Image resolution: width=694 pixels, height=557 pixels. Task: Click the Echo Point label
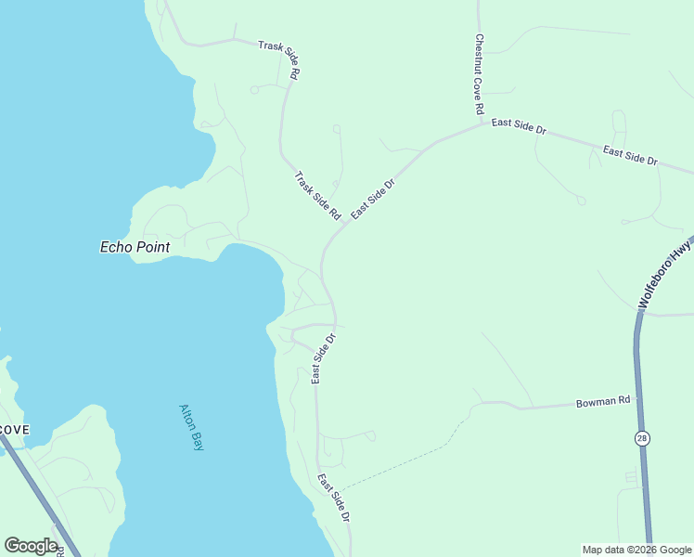tap(135, 247)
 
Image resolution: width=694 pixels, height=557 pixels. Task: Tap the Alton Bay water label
tap(190, 426)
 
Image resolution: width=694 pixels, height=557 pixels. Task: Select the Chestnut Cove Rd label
tap(479, 74)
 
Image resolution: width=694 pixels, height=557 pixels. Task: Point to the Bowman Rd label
tap(603, 402)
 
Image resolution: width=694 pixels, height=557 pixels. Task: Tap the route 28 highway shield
tap(641, 437)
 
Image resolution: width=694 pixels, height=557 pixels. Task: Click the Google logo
tap(31, 546)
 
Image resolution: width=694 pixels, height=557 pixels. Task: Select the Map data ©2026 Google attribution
tap(636, 550)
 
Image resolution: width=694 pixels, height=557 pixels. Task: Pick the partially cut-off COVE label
tap(14, 430)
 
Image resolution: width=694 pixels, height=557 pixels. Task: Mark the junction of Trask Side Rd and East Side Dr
tap(345, 223)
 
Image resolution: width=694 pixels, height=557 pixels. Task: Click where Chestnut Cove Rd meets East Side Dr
tap(482, 123)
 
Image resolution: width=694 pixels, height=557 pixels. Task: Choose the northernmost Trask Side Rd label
tap(279, 58)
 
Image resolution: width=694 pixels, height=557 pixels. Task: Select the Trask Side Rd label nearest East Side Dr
tap(317, 195)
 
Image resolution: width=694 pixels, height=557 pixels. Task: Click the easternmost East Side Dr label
tap(630, 156)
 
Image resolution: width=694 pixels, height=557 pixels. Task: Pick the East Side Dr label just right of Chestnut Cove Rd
tap(519, 127)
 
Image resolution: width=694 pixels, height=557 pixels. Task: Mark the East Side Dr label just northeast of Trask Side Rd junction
tap(374, 197)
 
